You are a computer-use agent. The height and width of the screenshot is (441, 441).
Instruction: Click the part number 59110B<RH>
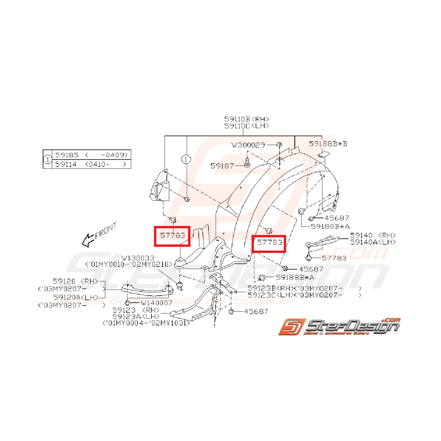[x=246, y=119]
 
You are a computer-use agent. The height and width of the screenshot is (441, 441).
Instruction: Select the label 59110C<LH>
[x=246, y=126]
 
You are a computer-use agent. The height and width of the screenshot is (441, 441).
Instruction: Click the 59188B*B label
[x=328, y=143]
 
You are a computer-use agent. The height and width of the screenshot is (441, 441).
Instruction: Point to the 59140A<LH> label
[x=373, y=242]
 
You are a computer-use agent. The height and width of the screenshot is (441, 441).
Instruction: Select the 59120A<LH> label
[x=76, y=297]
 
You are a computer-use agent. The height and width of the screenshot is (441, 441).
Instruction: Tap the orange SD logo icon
[x=290, y=327]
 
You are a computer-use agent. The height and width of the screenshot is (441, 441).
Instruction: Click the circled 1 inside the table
[x=47, y=160]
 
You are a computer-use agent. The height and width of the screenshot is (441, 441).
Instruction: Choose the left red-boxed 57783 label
[x=172, y=235]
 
